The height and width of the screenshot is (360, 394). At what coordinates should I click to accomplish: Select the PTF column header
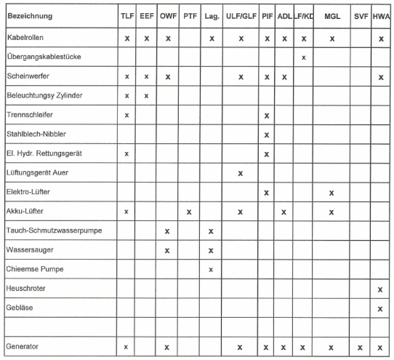(x=190, y=15)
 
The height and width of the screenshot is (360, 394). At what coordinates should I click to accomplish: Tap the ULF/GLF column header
(x=239, y=15)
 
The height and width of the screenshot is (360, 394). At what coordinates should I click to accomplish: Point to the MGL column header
(x=331, y=15)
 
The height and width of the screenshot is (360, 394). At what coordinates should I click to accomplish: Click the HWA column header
(x=380, y=15)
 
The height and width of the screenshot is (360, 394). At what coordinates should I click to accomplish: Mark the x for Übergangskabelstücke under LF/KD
(x=303, y=57)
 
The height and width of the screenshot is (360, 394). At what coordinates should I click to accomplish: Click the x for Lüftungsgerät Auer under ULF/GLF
(x=240, y=173)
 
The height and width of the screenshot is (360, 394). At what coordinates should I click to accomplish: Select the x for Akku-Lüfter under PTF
(x=189, y=212)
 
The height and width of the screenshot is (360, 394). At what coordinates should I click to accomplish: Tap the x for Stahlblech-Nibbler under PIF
(x=267, y=135)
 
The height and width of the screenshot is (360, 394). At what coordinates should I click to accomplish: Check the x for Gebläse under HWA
(x=380, y=309)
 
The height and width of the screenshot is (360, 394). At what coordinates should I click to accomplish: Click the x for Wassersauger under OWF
(x=168, y=250)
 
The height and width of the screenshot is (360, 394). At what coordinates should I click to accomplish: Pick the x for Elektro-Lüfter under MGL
(x=331, y=193)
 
